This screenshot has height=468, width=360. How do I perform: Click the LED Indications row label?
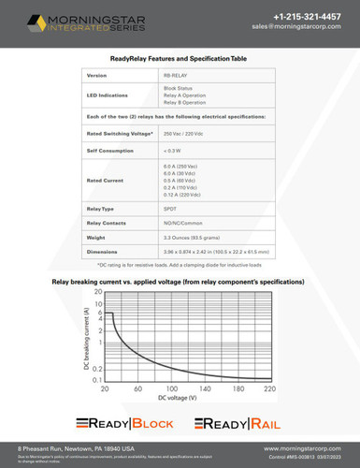(x=106, y=96)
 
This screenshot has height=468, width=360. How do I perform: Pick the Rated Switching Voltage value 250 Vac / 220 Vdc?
(x=187, y=134)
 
